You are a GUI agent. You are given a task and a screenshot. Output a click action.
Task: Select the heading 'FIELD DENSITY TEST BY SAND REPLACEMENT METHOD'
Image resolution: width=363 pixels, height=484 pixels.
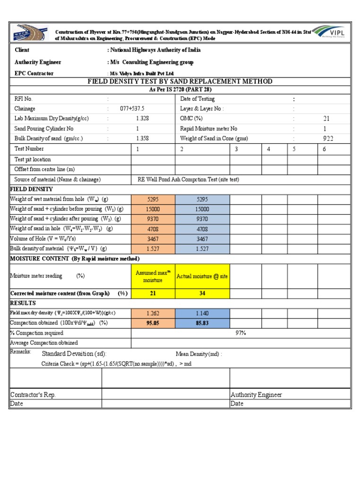pyautogui.click(x=180, y=81)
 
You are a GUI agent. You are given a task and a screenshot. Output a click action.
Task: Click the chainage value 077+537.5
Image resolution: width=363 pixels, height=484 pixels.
pyautogui.click(x=132, y=109)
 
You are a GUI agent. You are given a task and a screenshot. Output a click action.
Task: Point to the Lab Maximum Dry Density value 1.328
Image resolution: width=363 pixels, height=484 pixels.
pyautogui.click(x=142, y=119)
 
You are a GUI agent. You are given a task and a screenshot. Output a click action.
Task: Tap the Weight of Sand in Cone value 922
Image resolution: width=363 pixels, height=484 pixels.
pyautogui.click(x=328, y=138)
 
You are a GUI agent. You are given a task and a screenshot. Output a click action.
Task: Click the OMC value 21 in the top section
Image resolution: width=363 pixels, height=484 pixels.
pyautogui.click(x=327, y=119)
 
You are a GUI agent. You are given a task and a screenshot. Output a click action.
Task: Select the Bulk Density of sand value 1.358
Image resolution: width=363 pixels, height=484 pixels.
pyautogui.click(x=142, y=138)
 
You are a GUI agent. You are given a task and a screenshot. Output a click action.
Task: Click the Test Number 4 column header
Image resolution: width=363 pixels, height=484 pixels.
pyautogui.click(x=268, y=149)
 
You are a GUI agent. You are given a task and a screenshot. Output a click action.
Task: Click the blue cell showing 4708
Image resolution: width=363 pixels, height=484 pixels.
pyautogui.click(x=202, y=229)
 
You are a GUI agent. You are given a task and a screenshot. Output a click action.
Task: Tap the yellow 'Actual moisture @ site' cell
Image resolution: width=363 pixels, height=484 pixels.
pyautogui.click(x=202, y=277)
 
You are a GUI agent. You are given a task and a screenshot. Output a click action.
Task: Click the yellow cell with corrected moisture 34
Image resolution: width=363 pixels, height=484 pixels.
pyautogui.click(x=202, y=293)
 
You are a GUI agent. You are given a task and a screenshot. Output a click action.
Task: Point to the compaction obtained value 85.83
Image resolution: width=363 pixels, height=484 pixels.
pyautogui.click(x=202, y=323)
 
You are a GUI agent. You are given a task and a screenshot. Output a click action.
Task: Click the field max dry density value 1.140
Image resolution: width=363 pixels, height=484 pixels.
pyautogui.click(x=202, y=313)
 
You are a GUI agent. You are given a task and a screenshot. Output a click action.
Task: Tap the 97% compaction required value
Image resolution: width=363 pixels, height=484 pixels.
pyautogui.click(x=241, y=333)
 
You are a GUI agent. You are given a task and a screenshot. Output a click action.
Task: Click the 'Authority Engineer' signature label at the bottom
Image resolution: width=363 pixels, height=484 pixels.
pyautogui.click(x=256, y=395)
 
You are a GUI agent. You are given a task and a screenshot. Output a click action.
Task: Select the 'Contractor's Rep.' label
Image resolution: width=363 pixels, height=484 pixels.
pyautogui.click(x=33, y=395)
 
